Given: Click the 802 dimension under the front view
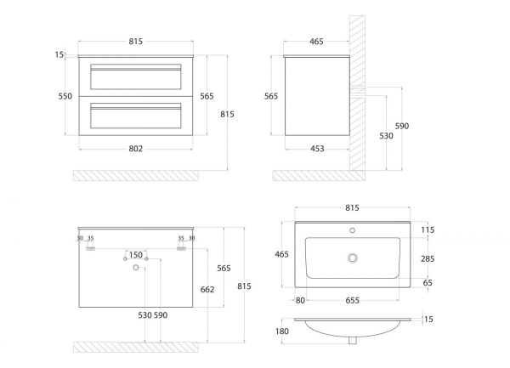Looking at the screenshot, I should coord(136,149).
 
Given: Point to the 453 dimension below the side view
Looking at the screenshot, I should coord(316,149).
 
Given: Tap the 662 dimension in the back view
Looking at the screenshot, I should coord(207,288).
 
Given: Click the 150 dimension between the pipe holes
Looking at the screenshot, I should coord(135,254).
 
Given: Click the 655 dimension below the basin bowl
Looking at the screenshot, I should coord(357,298).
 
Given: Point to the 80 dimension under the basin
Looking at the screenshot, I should coord(301,298).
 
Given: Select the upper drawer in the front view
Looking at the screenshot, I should coord(136,78).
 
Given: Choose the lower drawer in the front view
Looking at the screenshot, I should coord(136,116).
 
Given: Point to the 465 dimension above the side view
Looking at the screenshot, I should coord(316,41).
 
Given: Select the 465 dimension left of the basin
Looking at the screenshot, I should coord(280,253).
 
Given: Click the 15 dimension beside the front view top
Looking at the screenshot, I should coord(59,54).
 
